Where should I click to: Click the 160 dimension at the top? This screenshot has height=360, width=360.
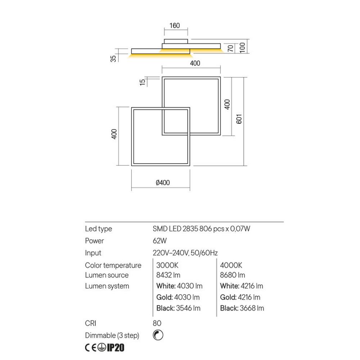[x=174, y=26]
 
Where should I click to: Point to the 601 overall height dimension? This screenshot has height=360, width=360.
[x=239, y=119]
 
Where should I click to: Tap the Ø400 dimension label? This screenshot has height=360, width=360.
[x=163, y=183]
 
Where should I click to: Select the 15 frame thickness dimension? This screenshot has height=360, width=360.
[x=143, y=81]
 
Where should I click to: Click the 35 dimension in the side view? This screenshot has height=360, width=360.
[x=114, y=58]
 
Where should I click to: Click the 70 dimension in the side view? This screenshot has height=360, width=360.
[x=231, y=48]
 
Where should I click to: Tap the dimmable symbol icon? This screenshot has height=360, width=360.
[x=158, y=335]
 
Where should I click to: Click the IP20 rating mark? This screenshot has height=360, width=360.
[x=116, y=348]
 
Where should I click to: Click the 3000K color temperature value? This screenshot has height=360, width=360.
[x=167, y=265]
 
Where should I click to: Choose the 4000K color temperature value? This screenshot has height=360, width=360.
[x=231, y=265]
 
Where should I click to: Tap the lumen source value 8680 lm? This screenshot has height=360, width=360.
[x=233, y=275]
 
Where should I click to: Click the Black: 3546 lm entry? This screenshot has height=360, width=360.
[x=178, y=308]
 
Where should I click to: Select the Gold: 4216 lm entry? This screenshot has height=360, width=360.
[x=240, y=297]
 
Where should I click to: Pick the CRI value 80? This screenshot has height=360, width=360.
[x=157, y=323]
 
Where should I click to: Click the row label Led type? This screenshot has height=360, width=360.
[x=98, y=229]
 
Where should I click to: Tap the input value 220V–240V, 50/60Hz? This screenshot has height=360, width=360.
[x=185, y=253]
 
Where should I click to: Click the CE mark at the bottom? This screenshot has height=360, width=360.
[x=90, y=348]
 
